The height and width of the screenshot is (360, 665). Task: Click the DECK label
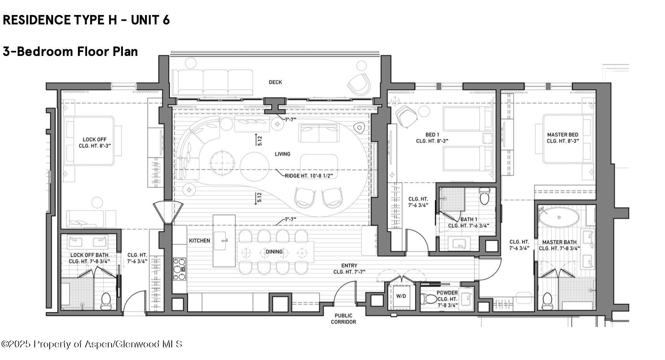pyautogui.click(x=275, y=82)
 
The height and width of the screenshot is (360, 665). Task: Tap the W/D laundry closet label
pyautogui.click(x=401, y=296)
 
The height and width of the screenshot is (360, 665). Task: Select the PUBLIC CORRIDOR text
pyautogui.click(x=343, y=319)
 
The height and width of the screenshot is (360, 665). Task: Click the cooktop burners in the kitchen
pyautogui.click(x=180, y=269)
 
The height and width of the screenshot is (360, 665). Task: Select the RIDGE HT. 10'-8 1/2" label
pyautogui.click(x=311, y=176)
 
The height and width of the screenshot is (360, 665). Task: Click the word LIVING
pyautogui.click(x=282, y=154)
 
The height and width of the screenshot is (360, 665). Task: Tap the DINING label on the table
pyautogui.click(x=274, y=252)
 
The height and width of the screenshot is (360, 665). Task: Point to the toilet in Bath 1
pyautogui.click(x=484, y=195)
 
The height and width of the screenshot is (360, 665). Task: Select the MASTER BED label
pyautogui.click(x=563, y=135)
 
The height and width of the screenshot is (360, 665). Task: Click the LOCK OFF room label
pyautogui.click(x=95, y=139)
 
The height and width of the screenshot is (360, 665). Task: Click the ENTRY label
pyautogui.click(x=349, y=266)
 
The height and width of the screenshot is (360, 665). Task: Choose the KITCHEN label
pyautogui.click(x=199, y=240)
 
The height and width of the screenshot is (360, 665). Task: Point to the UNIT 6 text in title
pyautogui.click(x=150, y=20)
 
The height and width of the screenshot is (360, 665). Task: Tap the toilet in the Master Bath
pyautogui.click(x=547, y=301)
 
